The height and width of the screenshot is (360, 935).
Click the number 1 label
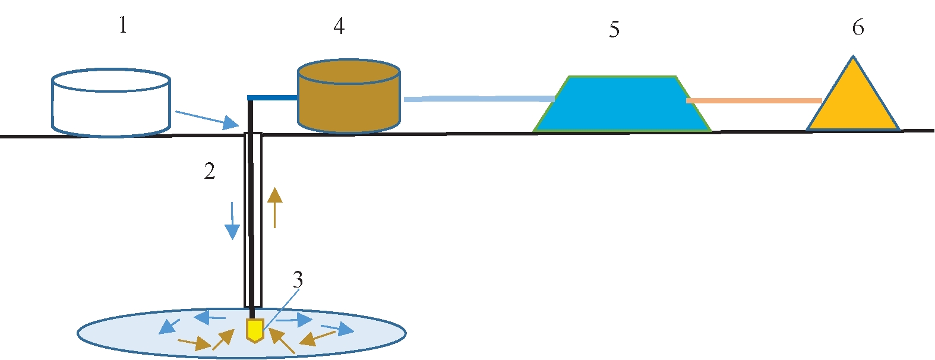click(123, 26)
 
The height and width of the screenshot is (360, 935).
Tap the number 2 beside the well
click(210, 171)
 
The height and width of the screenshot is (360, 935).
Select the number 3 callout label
click(298, 279)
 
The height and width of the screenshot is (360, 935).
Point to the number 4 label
click(339, 26)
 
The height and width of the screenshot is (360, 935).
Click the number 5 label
click(614, 29)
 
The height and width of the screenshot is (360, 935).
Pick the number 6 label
click(858, 27)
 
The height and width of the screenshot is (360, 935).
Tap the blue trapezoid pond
click(621, 105)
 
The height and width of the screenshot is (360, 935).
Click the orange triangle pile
click(853, 101)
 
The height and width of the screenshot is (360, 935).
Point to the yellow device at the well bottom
click(255, 330)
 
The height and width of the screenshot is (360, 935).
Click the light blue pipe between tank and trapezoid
click(479, 99)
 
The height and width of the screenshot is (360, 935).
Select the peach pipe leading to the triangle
click(753, 100)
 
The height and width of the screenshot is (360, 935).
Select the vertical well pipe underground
click(252, 220)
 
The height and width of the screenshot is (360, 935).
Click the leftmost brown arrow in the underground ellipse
click(194, 343)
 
